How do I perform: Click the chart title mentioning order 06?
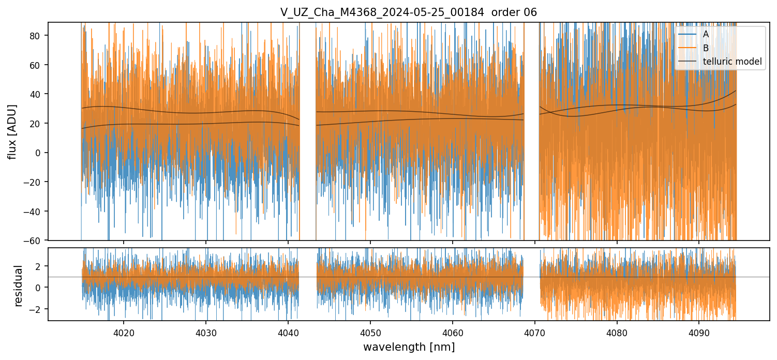[x=409, y=12]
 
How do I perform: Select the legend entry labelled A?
[x=706, y=34]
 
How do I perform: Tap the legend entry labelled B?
[x=706, y=48]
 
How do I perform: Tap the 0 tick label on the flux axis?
[x=40, y=153]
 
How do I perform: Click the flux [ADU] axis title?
[x=11, y=131]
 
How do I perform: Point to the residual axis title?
[x=19, y=286]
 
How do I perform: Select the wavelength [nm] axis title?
[x=409, y=347]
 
